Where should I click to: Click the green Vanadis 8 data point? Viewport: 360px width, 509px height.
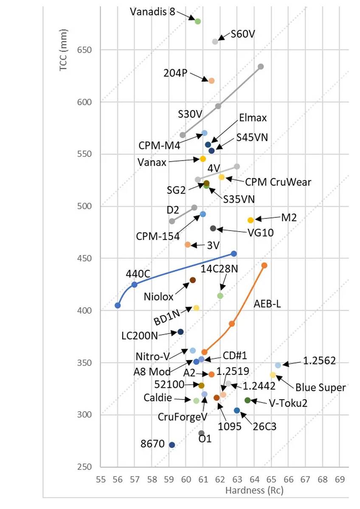tap(197, 21)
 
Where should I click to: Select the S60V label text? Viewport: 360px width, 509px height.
tap(243, 34)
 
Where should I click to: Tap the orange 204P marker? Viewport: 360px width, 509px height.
tap(211, 81)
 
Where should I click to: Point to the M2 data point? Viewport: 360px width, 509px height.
tap(250, 220)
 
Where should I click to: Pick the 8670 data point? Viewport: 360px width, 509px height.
tap(172, 445)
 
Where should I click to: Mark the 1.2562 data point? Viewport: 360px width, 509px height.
tap(278, 365)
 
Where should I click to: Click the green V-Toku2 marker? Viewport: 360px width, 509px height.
tap(247, 400)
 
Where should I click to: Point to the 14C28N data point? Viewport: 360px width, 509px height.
tap(220, 296)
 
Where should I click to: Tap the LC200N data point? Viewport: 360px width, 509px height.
tap(180, 332)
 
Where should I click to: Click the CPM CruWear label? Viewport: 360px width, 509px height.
tap(278, 182)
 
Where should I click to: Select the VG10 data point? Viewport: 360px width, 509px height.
tap(213, 229)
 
